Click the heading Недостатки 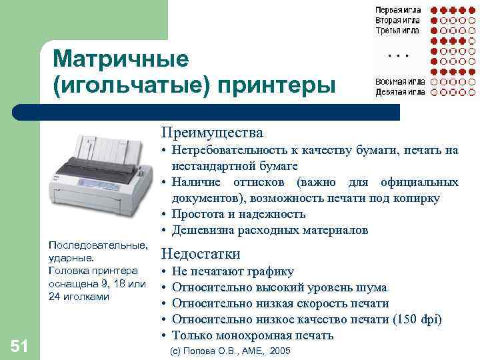click(x=201, y=254)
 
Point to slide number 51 click(x=19, y=345)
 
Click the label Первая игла click(x=397, y=11)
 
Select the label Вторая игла click(x=397, y=21)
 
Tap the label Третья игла click(x=397, y=30)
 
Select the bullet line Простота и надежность click(x=238, y=215)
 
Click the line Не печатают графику click(x=232, y=272)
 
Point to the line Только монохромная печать click(x=252, y=336)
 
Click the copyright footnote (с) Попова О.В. click(x=231, y=351)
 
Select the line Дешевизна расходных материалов click(x=269, y=231)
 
